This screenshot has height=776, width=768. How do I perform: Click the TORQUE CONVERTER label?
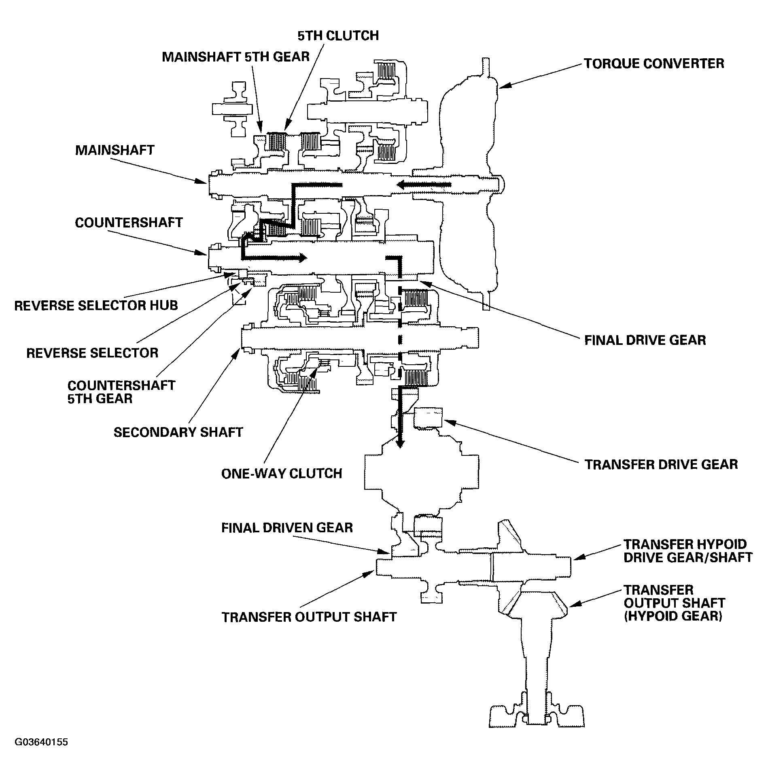653,64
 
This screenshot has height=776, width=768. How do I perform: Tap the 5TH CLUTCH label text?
338,36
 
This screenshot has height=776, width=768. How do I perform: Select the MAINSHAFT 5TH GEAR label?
235,57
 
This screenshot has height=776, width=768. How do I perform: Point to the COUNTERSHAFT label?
129,222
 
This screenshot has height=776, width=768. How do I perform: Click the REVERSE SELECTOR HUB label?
96,305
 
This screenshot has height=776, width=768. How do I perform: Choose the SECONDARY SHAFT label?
178,432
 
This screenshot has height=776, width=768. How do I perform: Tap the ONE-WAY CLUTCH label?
282,473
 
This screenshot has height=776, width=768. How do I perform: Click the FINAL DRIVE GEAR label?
645,340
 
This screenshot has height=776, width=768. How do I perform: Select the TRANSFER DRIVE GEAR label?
661,464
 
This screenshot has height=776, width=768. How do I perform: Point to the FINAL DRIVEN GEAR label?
287,527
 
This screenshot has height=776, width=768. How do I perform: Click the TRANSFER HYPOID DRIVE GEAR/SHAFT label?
687,551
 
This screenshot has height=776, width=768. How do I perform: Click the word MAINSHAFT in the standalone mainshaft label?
115,150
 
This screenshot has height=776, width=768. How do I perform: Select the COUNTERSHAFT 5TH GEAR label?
121,391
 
